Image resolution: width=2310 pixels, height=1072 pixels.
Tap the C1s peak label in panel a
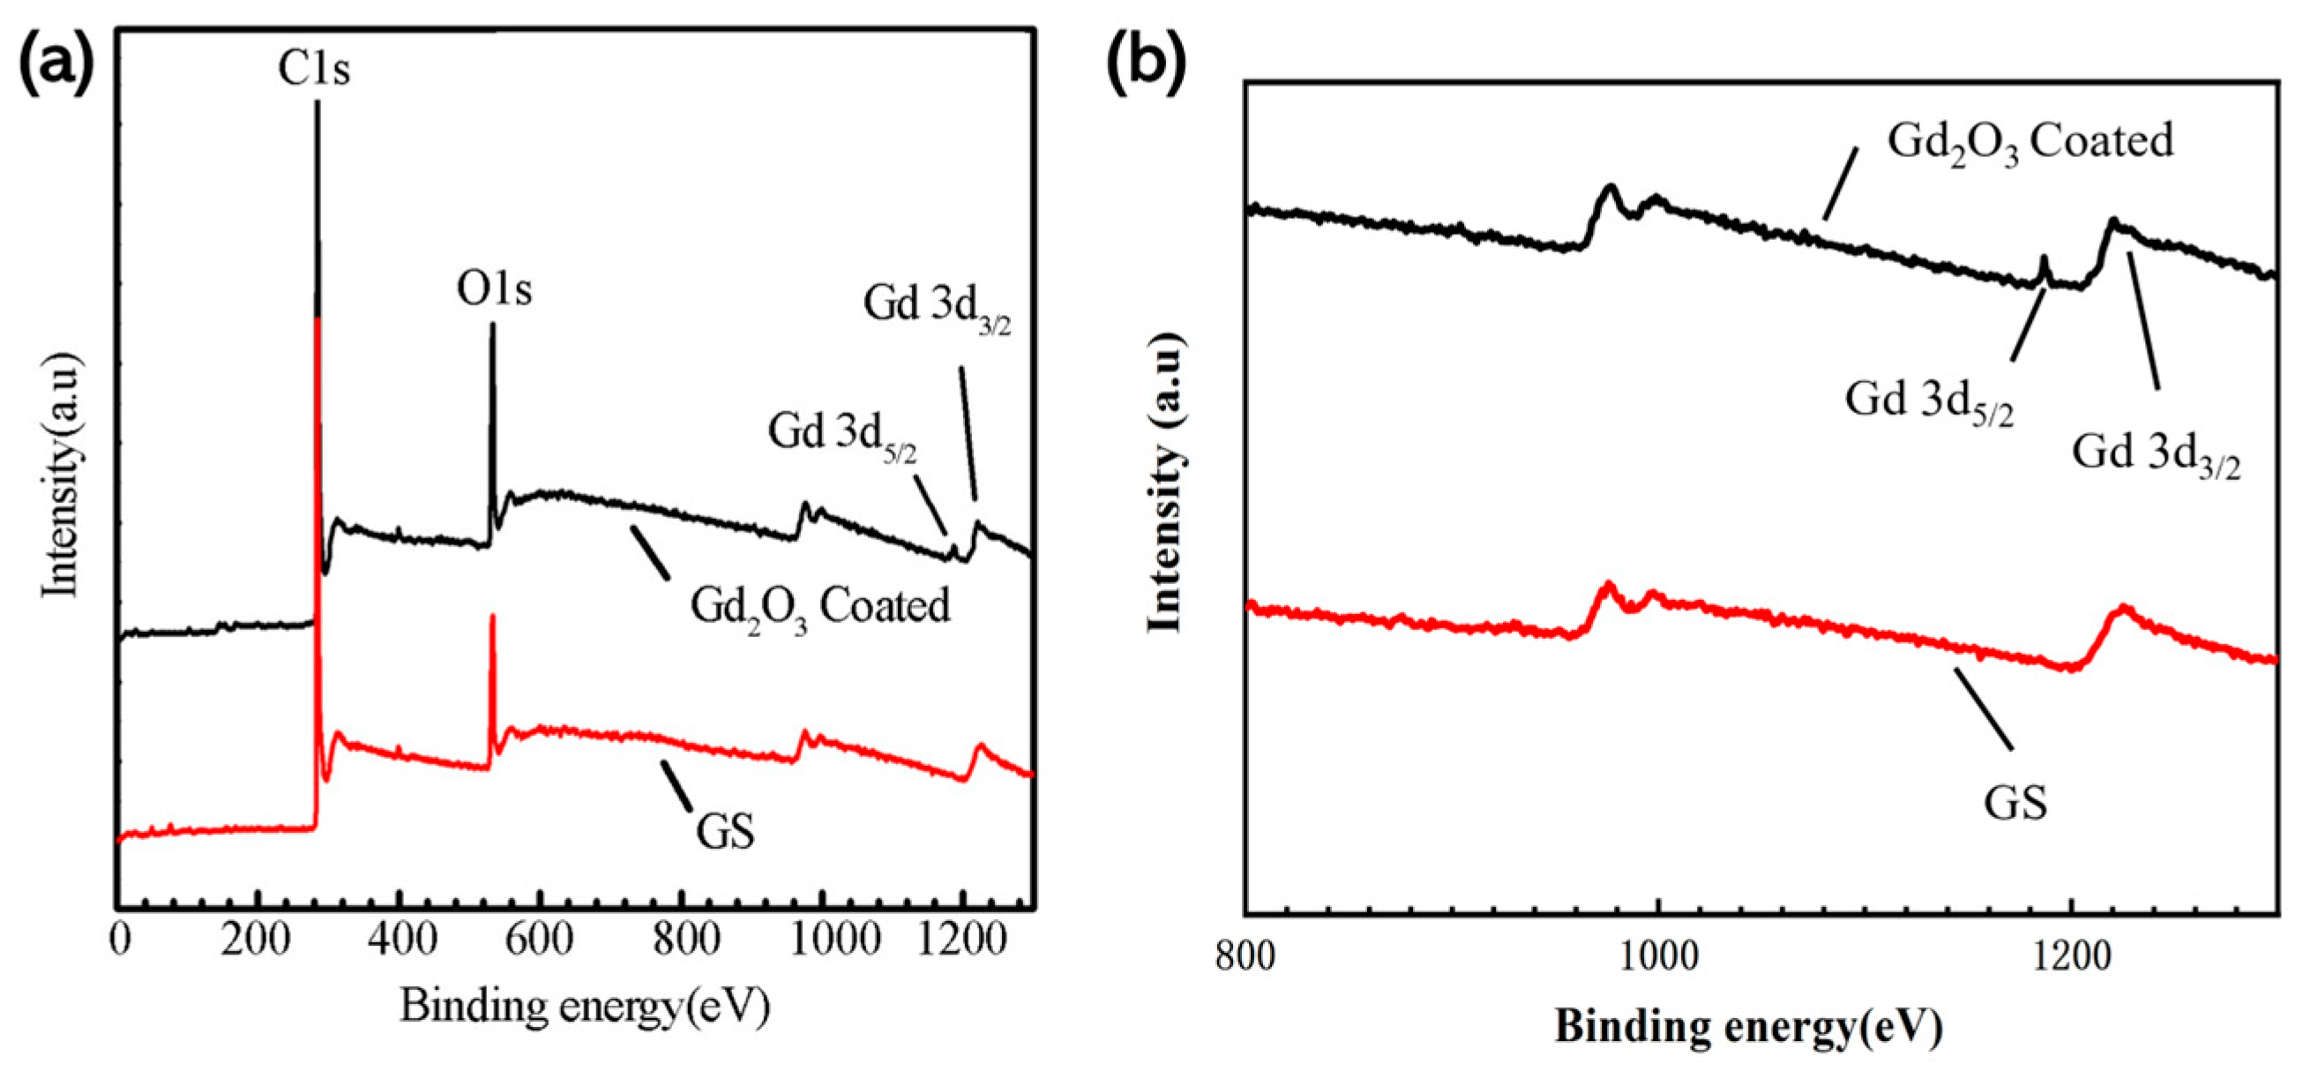click(x=313, y=68)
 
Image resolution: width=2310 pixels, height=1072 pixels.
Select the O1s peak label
click(x=493, y=289)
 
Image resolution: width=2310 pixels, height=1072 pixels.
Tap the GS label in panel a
click(x=724, y=830)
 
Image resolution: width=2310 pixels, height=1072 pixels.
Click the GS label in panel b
click(x=2015, y=802)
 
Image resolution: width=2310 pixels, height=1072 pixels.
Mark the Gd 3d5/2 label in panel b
click(x=1929, y=401)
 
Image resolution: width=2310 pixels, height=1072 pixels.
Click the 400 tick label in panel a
click(x=398, y=941)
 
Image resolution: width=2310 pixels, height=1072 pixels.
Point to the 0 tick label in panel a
click(x=119, y=941)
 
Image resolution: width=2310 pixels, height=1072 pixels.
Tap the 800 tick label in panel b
click(x=1245, y=957)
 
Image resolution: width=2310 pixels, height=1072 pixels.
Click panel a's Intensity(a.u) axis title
click(x=63, y=476)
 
